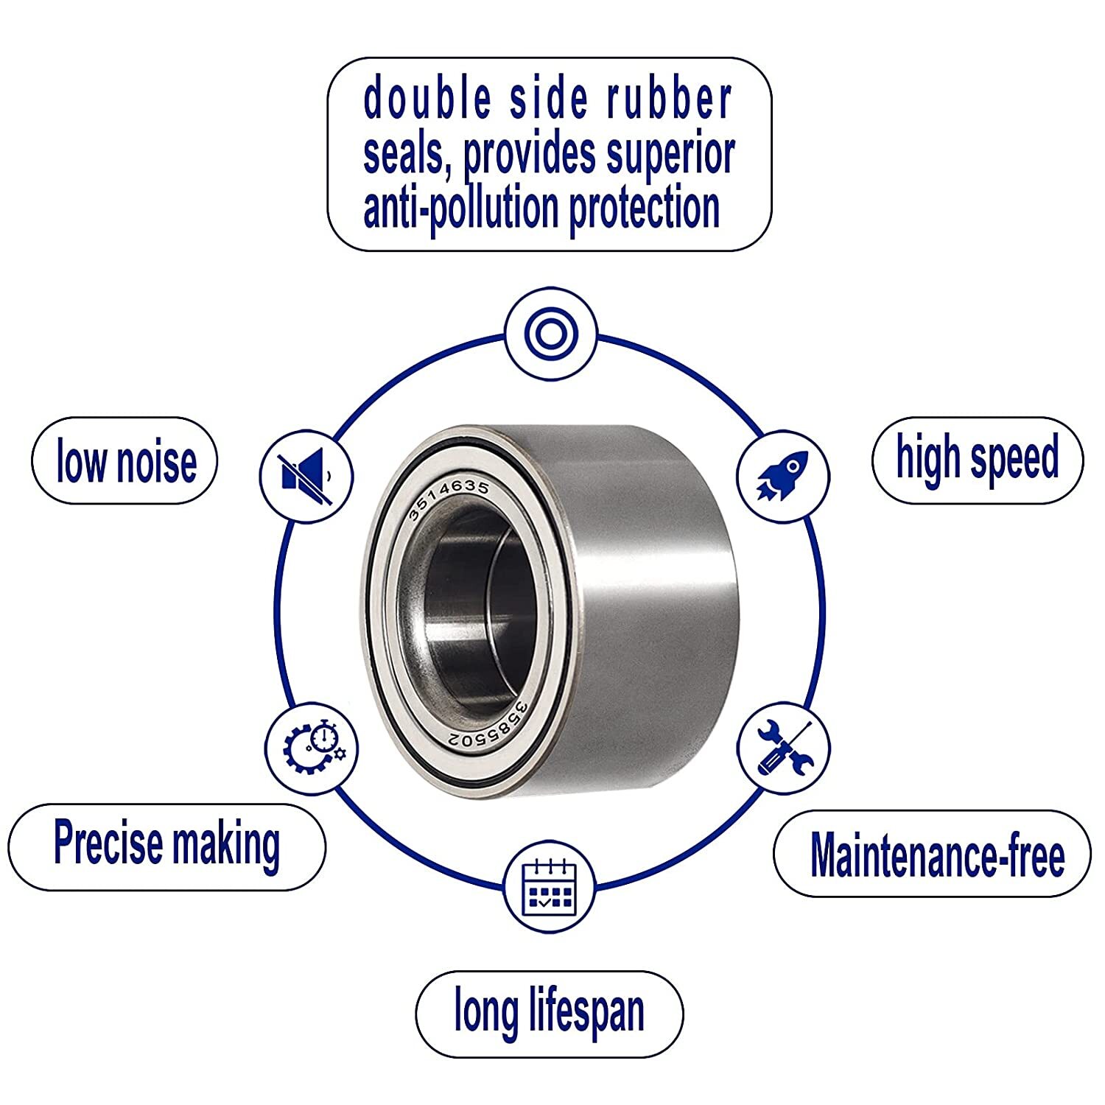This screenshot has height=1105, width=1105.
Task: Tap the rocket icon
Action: (x=783, y=475)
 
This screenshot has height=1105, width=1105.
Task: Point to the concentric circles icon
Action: (x=550, y=334)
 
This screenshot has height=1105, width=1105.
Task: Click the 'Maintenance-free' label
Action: (x=936, y=855)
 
